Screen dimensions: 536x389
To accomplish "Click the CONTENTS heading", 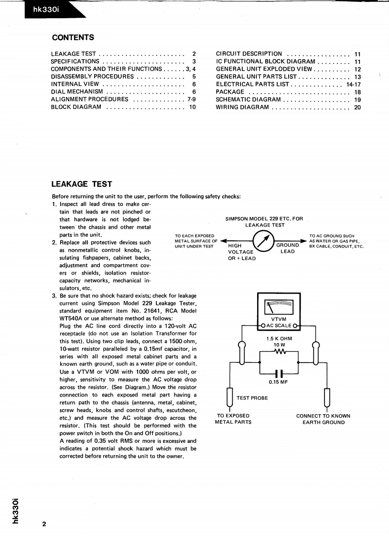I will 73,38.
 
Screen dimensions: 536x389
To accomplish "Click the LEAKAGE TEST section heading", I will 82,184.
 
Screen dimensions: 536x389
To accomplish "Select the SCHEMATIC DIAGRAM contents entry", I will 249,99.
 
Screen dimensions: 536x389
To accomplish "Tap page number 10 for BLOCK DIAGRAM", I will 193,107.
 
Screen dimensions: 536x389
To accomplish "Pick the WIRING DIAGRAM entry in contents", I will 243,107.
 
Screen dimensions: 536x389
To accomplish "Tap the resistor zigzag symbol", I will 279,353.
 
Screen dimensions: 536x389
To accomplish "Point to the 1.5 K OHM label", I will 279,339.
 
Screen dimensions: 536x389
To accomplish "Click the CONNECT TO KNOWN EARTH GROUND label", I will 323,419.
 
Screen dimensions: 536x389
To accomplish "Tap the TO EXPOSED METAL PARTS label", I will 233,419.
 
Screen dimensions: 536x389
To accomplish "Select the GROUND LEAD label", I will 288,248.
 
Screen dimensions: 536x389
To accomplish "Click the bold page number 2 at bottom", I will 44,525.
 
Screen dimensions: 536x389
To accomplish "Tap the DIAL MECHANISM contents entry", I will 77,92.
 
